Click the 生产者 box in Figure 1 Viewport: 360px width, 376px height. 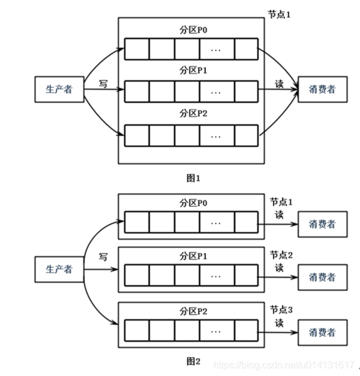[59, 89]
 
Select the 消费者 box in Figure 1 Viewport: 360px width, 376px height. [323, 89]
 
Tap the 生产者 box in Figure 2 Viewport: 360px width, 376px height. [59, 269]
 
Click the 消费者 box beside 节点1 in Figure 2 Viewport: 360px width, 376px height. [323, 224]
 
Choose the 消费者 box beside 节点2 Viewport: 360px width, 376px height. [323, 277]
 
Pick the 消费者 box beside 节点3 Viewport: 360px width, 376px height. [323, 333]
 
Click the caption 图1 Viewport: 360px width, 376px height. [193, 178]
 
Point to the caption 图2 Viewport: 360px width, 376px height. [193, 361]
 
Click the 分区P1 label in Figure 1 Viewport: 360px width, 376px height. [193, 71]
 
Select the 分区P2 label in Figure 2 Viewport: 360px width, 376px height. [193, 311]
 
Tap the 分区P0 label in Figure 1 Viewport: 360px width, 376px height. [193, 30]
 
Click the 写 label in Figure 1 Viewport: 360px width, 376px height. [103, 84]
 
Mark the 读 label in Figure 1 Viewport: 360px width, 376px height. [279, 84]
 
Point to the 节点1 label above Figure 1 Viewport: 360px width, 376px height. [279, 14]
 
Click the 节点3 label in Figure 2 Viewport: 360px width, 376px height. [282, 310]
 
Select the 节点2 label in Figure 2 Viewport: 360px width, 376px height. [282, 255]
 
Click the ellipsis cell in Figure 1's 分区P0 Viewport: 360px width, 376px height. [217, 49]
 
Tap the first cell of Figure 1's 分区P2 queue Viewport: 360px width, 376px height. [137, 135]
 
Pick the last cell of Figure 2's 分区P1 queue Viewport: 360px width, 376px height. [246, 275]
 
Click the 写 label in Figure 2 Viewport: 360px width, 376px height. [103, 257]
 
